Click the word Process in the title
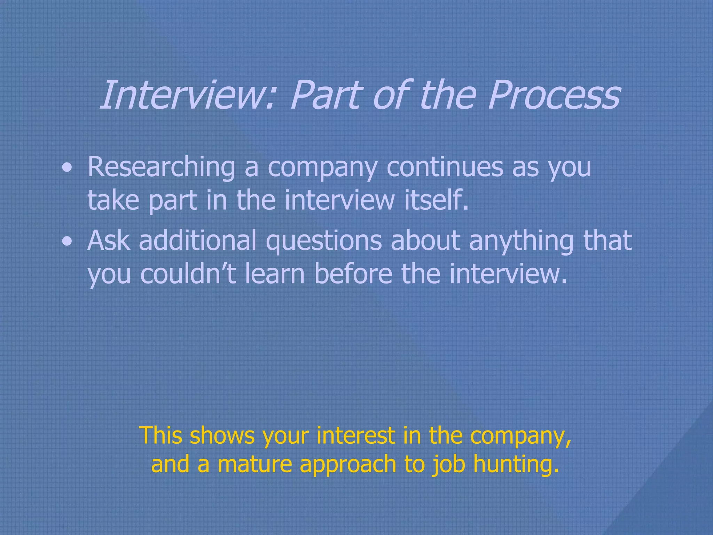click(554, 95)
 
